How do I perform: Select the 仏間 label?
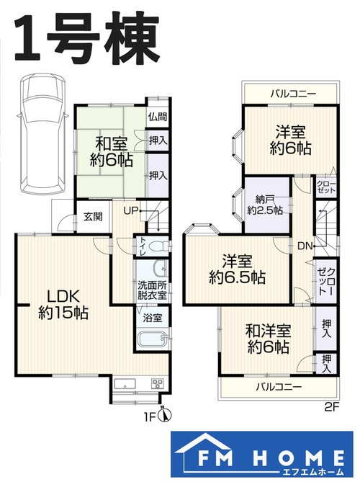(158, 117)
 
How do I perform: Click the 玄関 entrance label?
(93, 217)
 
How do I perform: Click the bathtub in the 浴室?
(153, 339)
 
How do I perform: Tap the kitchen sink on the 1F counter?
(125, 383)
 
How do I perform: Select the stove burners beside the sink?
(158, 383)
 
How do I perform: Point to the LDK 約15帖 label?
(63, 304)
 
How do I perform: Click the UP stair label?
(130, 211)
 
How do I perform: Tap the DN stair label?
(305, 246)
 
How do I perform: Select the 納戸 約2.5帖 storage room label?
(266, 205)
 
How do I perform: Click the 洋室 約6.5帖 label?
(237, 269)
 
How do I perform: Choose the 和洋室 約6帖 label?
(269, 339)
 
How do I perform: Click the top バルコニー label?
(293, 94)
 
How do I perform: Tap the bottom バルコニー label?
(279, 386)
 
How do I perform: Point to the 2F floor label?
(331, 407)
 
